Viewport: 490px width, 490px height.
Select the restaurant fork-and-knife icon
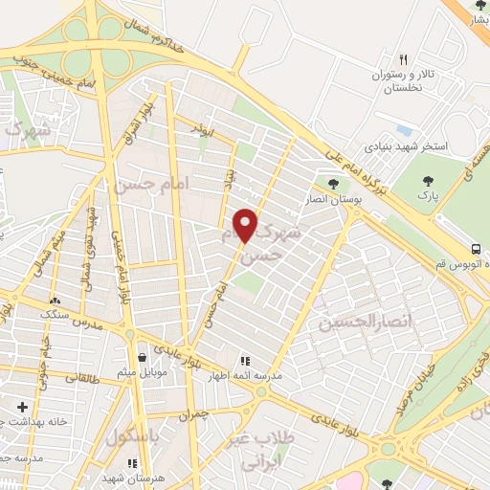pyautogui.click(x=404, y=59)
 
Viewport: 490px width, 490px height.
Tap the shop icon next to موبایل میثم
pyautogui.click(x=142, y=357)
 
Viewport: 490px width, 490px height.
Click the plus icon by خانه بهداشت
pyautogui.click(x=21, y=407)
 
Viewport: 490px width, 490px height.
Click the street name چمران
pyautogui.click(x=191, y=416)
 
